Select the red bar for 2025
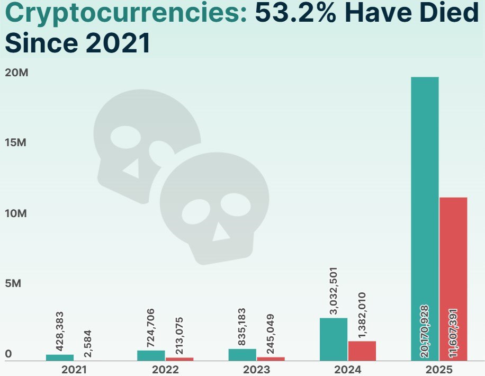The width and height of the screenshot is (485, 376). [453, 275]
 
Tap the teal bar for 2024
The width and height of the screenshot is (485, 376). [334, 339]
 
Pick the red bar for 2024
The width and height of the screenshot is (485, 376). [362, 351]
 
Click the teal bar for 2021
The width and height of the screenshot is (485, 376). [60, 357]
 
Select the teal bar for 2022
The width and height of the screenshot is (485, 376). [151, 355]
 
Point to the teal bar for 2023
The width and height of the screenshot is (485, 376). [242, 355]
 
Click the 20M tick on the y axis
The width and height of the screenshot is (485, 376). [16, 73]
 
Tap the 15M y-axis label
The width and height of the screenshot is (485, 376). [16, 143]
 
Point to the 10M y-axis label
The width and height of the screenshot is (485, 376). [16, 213]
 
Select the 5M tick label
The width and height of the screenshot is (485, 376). [13, 284]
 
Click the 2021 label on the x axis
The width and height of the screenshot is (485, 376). [74, 369]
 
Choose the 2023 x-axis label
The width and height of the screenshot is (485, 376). [257, 369]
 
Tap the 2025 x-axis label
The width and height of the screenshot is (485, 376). [439, 369]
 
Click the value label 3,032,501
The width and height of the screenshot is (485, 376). [334, 292]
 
